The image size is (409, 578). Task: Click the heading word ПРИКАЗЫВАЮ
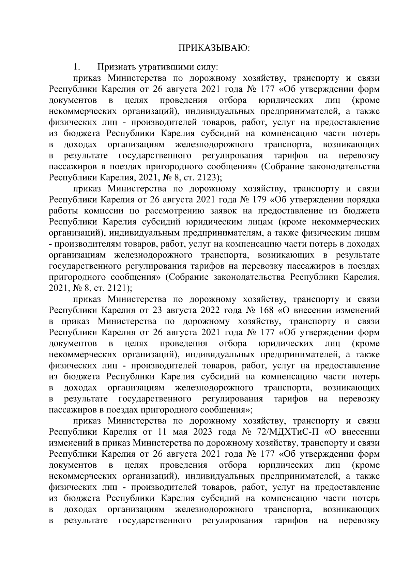pos(214,48)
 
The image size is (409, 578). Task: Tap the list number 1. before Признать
pos(76,67)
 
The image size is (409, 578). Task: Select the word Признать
pos(117,67)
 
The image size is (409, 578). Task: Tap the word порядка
pos(362,200)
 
